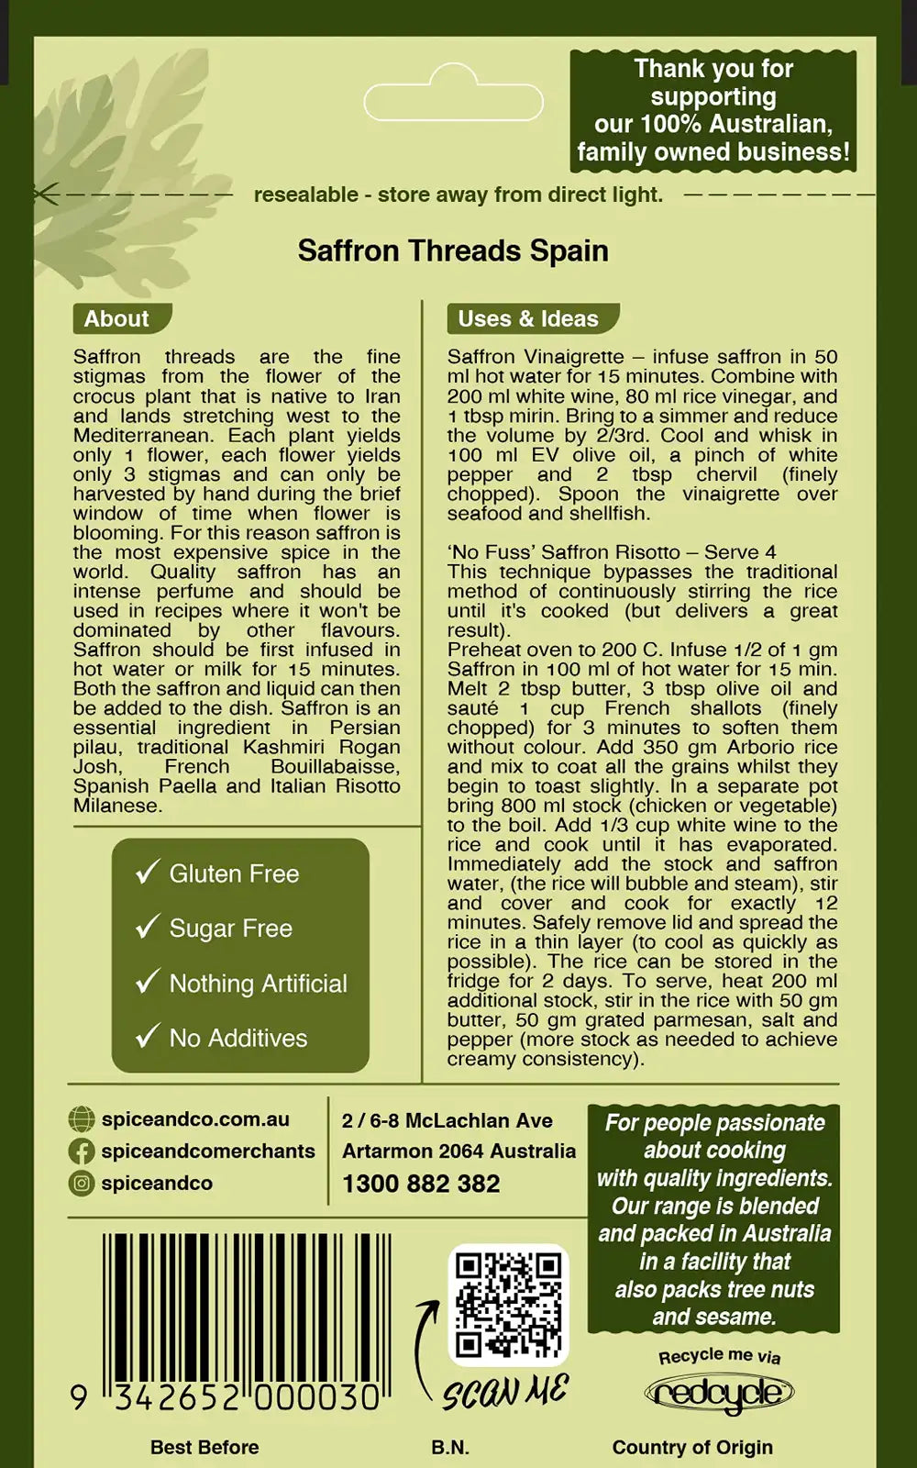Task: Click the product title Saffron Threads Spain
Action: [453, 250]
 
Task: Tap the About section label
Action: [116, 318]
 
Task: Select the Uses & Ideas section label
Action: [528, 318]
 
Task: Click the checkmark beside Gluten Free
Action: [147, 872]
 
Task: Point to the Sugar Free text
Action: [230, 928]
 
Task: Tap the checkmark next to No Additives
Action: [147, 1037]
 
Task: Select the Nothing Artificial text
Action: [258, 983]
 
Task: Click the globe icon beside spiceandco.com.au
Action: [82, 1119]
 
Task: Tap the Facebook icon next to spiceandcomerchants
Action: [82, 1151]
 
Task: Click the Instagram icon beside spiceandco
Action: [82, 1184]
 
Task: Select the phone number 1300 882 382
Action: [421, 1184]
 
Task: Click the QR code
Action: [508, 1306]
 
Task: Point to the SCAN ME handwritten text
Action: [505, 1392]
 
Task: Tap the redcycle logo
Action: [719, 1395]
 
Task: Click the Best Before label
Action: [204, 1447]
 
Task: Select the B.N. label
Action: [450, 1447]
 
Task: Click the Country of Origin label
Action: [692, 1447]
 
